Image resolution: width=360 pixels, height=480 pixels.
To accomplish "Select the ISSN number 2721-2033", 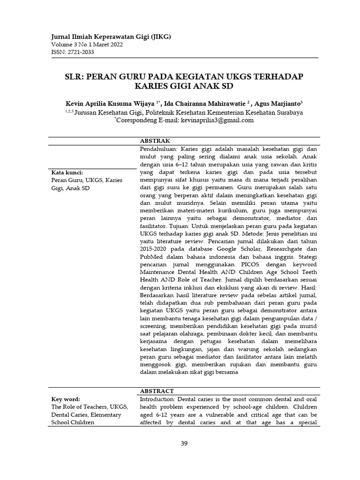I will coord(80,52).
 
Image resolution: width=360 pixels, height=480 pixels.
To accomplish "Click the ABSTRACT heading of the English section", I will coord(157,391).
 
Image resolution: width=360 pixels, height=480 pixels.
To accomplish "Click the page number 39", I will coord(184,444).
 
